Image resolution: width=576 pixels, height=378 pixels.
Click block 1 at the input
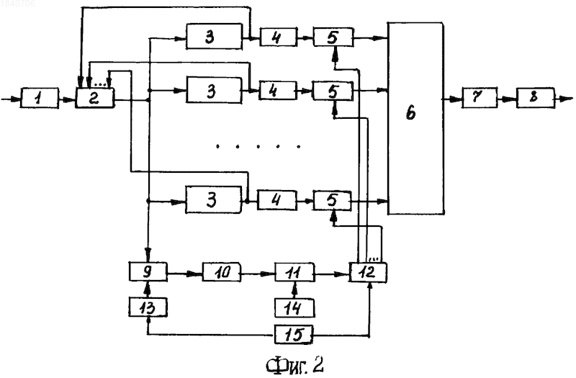40,98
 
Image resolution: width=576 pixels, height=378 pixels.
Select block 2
95,98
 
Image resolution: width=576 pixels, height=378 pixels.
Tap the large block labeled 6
416,118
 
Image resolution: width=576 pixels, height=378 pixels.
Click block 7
480,97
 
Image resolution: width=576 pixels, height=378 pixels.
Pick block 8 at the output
535,97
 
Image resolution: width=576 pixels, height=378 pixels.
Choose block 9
148,272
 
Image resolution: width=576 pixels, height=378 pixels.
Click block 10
222,272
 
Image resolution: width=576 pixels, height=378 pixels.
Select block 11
294,272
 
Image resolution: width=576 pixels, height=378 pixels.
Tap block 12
368,272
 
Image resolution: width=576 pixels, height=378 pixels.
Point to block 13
148,307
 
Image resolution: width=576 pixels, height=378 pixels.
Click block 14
294,308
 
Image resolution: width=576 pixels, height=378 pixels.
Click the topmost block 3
214,37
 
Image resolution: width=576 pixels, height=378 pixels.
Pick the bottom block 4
277,200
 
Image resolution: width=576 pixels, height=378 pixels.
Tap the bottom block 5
332,201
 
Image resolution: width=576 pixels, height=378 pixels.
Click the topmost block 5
333,37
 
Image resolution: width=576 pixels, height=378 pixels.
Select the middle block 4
278,91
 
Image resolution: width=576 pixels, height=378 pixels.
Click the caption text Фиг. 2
294,365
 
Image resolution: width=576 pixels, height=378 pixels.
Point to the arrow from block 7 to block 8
507,99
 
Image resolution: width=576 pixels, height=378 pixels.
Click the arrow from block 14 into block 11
294,290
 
